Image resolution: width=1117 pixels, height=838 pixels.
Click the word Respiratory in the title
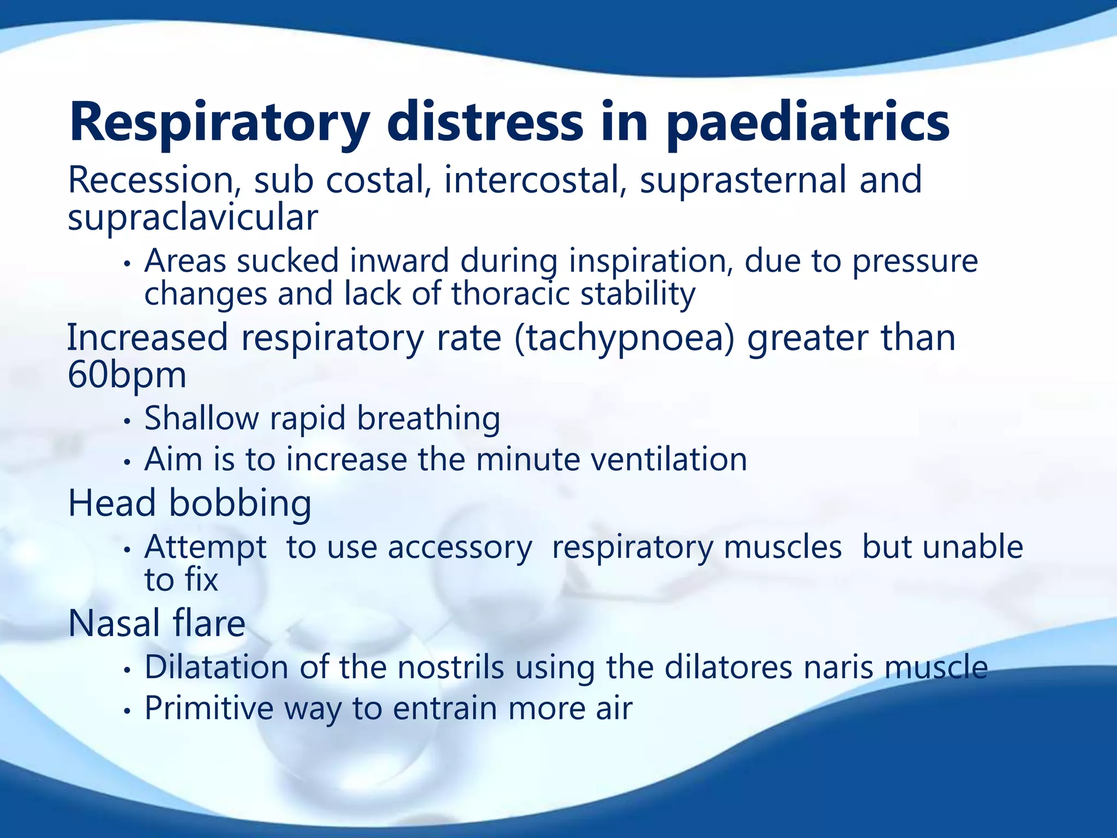click(x=219, y=123)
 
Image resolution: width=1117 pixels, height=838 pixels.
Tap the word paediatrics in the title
click(x=807, y=123)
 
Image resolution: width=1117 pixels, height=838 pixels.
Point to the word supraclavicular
click(x=193, y=218)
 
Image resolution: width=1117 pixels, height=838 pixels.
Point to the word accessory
click(x=459, y=547)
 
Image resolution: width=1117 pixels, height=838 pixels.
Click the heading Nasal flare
click(x=157, y=624)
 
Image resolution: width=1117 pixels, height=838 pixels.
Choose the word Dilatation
click(x=217, y=667)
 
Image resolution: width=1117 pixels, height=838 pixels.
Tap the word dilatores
click(x=728, y=667)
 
